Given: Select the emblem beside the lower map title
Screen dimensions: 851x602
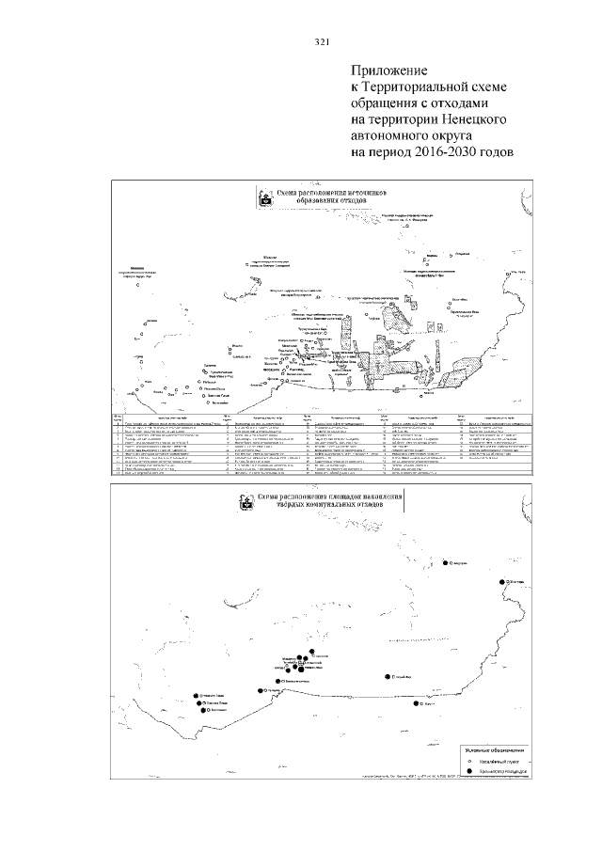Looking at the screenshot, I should (x=246, y=503).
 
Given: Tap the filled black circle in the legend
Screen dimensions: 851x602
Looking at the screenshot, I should (x=468, y=773).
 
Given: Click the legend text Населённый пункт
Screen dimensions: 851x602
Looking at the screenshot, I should (x=495, y=761).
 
